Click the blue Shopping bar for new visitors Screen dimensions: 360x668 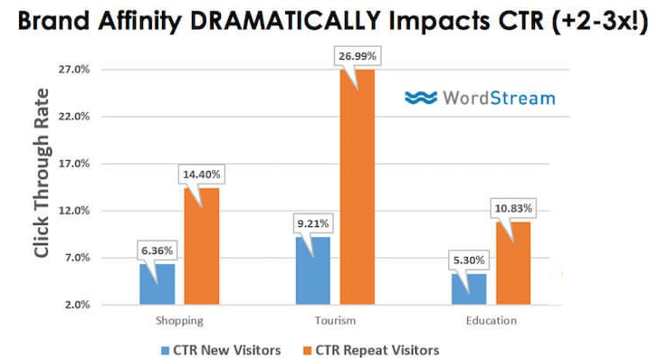(x=157, y=284)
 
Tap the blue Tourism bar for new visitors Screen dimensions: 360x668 (x=313, y=270)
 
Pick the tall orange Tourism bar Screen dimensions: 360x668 (x=357, y=186)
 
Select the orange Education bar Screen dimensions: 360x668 (x=512, y=262)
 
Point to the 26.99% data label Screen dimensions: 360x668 (x=358, y=56)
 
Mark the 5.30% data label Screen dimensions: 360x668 (x=467, y=261)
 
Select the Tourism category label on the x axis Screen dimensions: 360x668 (x=335, y=320)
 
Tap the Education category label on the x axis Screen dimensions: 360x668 (x=491, y=320)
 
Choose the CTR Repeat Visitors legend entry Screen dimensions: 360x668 (x=374, y=349)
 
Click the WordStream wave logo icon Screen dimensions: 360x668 (x=419, y=98)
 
